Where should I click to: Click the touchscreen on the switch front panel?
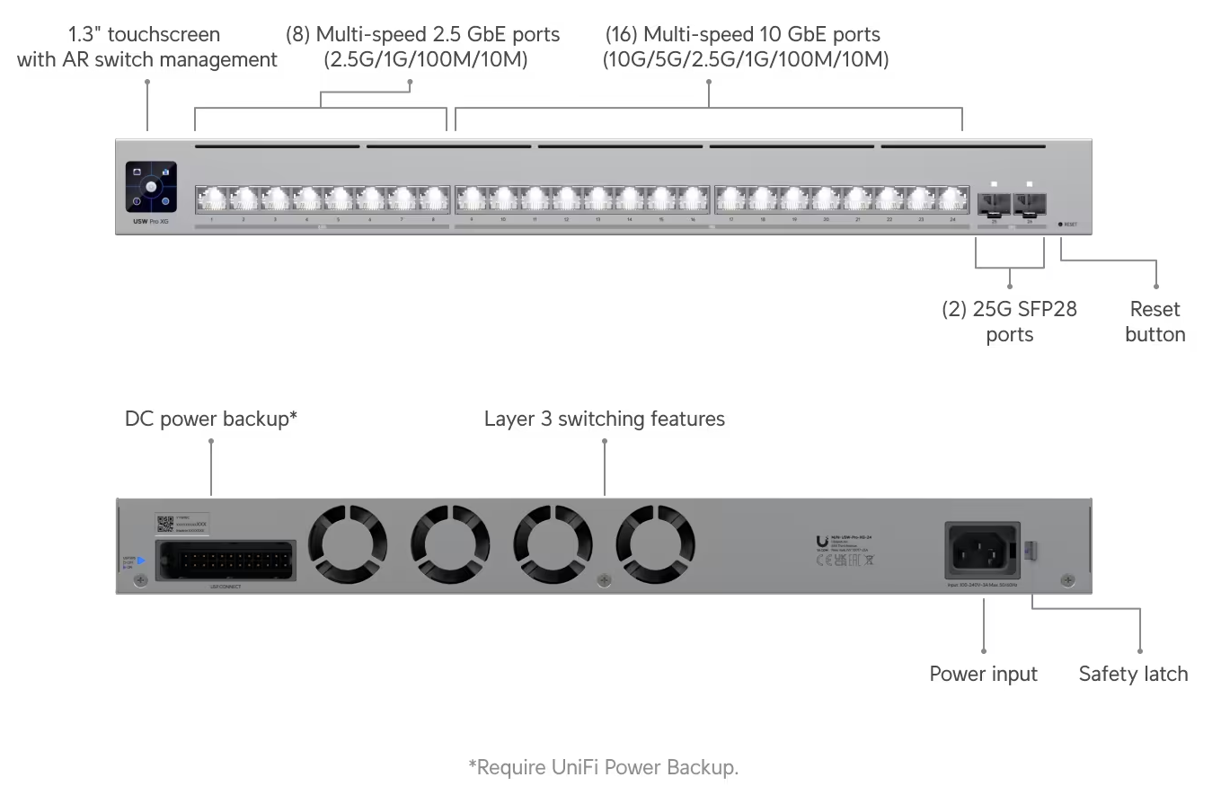pyautogui.click(x=151, y=187)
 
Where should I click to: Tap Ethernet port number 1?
pyautogui.click(x=211, y=198)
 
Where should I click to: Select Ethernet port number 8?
pyautogui.click(x=433, y=198)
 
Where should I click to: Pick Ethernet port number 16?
pyautogui.click(x=693, y=198)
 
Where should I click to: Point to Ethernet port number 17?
pyautogui.click(x=731, y=198)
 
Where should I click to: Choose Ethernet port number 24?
pyautogui.click(x=952, y=198)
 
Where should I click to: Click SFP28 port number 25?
pyautogui.click(x=994, y=205)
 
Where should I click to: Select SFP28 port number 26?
pyautogui.click(x=1029, y=205)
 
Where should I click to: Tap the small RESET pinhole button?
pyautogui.click(x=1060, y=224)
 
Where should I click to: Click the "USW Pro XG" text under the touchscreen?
pyautogui.click(x=151, y=221)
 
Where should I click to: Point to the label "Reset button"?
pyautogui.click(x=1155, y=322)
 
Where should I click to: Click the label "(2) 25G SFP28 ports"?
pyautogui.click(x=1009, y=322)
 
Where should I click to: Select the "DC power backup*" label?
pyautogui.click(x=211, y=419)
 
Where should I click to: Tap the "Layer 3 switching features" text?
pyautogui.click(x=605, y=419)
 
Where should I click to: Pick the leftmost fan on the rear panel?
pyautogui.click(x=348, y=545)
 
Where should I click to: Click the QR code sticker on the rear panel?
pyautogui.click(x=164, y=524)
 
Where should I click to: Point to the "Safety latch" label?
pyautogui.click(x=1133, y=674)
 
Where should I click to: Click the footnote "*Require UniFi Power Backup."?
pyautogui.click(x=604, y=767)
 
